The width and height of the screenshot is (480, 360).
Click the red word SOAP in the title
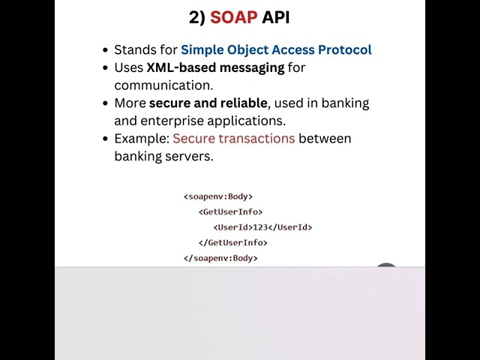click(x=233, y=17)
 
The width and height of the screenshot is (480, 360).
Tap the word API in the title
click(x=275, y=17)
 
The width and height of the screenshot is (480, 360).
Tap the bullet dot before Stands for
click(x=106, y=50)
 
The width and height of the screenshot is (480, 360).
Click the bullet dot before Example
click(x=106, y=139)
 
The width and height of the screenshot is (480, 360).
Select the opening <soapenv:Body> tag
click(x=218, y=196)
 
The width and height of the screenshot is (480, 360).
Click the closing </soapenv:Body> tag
click(x=220, y=258)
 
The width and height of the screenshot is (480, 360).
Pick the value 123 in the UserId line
click(x=260, y=227)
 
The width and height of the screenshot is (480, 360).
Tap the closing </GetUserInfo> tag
click(x=232, y=243)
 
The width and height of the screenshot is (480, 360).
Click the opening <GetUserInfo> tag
click(x=230, y=212)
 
